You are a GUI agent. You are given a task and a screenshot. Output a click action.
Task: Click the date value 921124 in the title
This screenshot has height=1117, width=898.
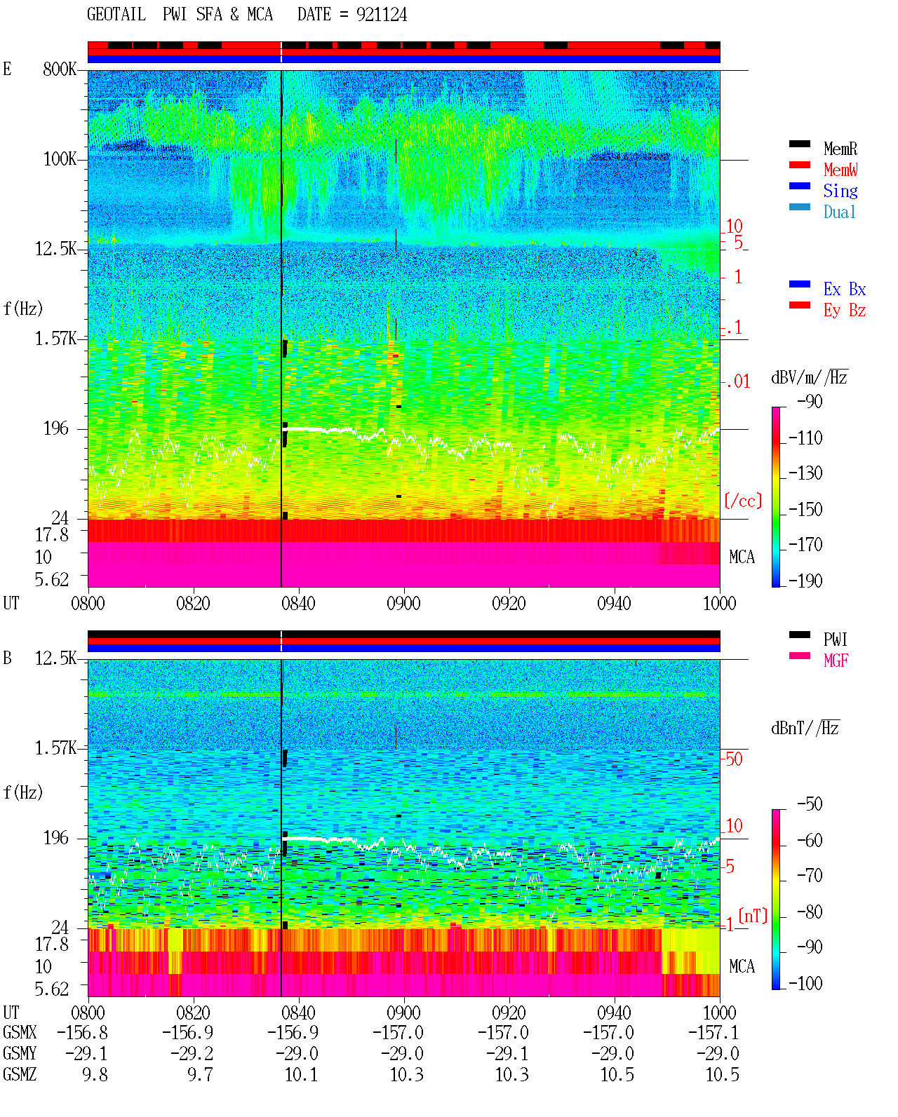(x=381, y=15)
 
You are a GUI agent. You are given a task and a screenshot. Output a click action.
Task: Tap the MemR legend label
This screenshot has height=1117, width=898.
(x=840, y=149)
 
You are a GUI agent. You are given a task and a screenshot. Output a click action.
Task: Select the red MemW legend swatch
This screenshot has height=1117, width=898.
(x=799, y=165)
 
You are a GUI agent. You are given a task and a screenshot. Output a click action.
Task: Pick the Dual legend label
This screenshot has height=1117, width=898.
(x=840, y=212)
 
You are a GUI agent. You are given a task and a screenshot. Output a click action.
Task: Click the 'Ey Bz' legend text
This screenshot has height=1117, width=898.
(x=845, y=311)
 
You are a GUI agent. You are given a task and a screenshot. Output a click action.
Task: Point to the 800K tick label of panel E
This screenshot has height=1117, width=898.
(x=60, y=69)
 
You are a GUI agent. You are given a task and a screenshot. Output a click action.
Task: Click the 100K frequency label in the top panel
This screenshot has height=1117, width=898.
(x=60, y=159)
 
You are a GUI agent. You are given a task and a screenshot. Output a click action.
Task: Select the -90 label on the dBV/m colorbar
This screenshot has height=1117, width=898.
(x=810, y=401)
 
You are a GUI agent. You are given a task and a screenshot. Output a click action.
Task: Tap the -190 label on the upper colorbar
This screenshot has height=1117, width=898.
(x=805, y=581)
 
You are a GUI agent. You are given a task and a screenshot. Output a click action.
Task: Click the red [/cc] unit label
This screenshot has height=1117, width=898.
(x=743, y=501)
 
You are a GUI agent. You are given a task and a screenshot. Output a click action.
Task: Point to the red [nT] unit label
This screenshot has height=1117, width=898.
(x=753, y=916)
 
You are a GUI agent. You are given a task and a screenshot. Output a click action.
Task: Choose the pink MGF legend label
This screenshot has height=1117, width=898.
(x=836, y=661)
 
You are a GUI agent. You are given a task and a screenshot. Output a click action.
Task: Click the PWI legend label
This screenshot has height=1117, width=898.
(x=835, y=639)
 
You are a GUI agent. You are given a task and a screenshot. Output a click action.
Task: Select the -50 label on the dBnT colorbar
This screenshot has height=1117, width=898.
(x=810, y=804)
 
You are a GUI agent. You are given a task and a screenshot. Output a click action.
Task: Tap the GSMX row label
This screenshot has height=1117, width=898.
(x=20, y=1032)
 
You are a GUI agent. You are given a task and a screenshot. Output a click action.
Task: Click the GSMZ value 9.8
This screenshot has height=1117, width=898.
(x=95, y=1074)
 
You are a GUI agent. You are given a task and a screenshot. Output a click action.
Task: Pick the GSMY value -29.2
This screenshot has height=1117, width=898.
(x=192, y=1053)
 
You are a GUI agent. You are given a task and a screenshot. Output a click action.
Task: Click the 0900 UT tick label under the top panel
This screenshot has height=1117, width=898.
(x=403, y=603)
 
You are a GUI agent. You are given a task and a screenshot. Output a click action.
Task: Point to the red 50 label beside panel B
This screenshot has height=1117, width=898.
(x=734, y=759)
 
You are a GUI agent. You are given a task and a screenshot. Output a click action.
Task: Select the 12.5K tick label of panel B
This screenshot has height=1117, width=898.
(x=55, y=658)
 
